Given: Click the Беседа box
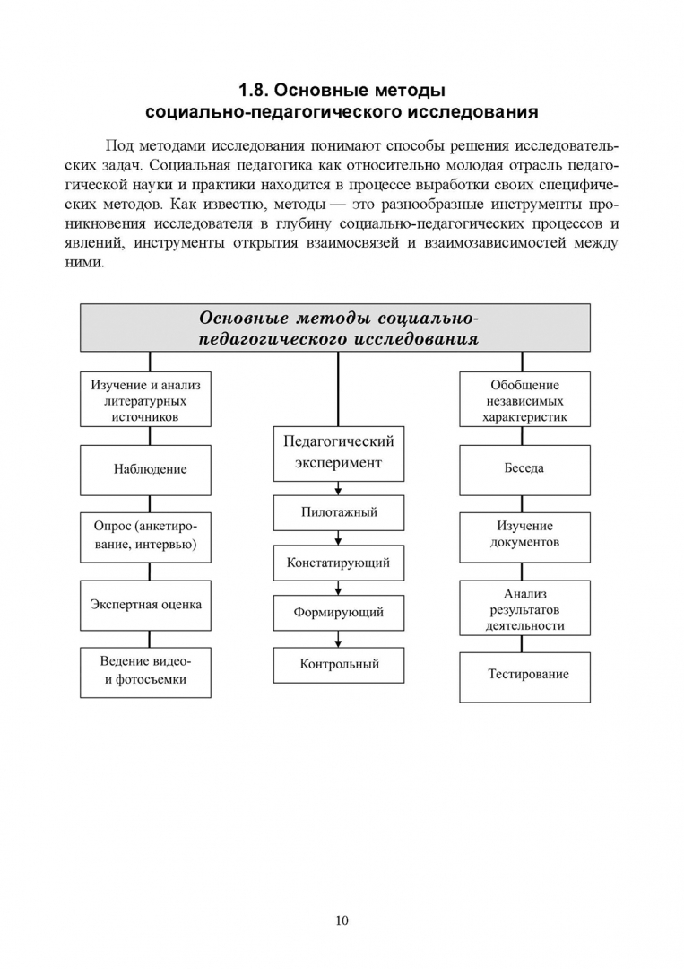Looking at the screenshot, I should pyautogui.click(x=524, y=468).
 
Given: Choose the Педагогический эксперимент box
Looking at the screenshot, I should pyautogui.click(x=338, y=452).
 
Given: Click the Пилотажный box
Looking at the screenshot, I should pyautogui.click(x=338, y=512).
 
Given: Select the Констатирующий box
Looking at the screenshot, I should pyautogui.click(x=338, y=563).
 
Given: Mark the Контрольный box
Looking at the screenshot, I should pyautogui.click(x=338, y=665).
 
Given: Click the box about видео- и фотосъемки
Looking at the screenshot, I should pyautogui.click(x=145, y=671).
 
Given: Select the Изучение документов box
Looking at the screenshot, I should pyautogui.click(x=524, y=535).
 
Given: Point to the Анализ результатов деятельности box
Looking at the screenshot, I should pyautogui.click(x=524, y=609).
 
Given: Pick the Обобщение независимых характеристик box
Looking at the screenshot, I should pyautogui.click(x=524, y=400).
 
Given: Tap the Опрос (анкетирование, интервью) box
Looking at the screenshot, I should pyautogui.click(x=145, y=536).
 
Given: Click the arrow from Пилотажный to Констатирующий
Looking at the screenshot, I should pyautogui.click(x=338, y=537).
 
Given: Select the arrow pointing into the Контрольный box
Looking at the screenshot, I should pyautogui.click(x=338, y=640).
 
